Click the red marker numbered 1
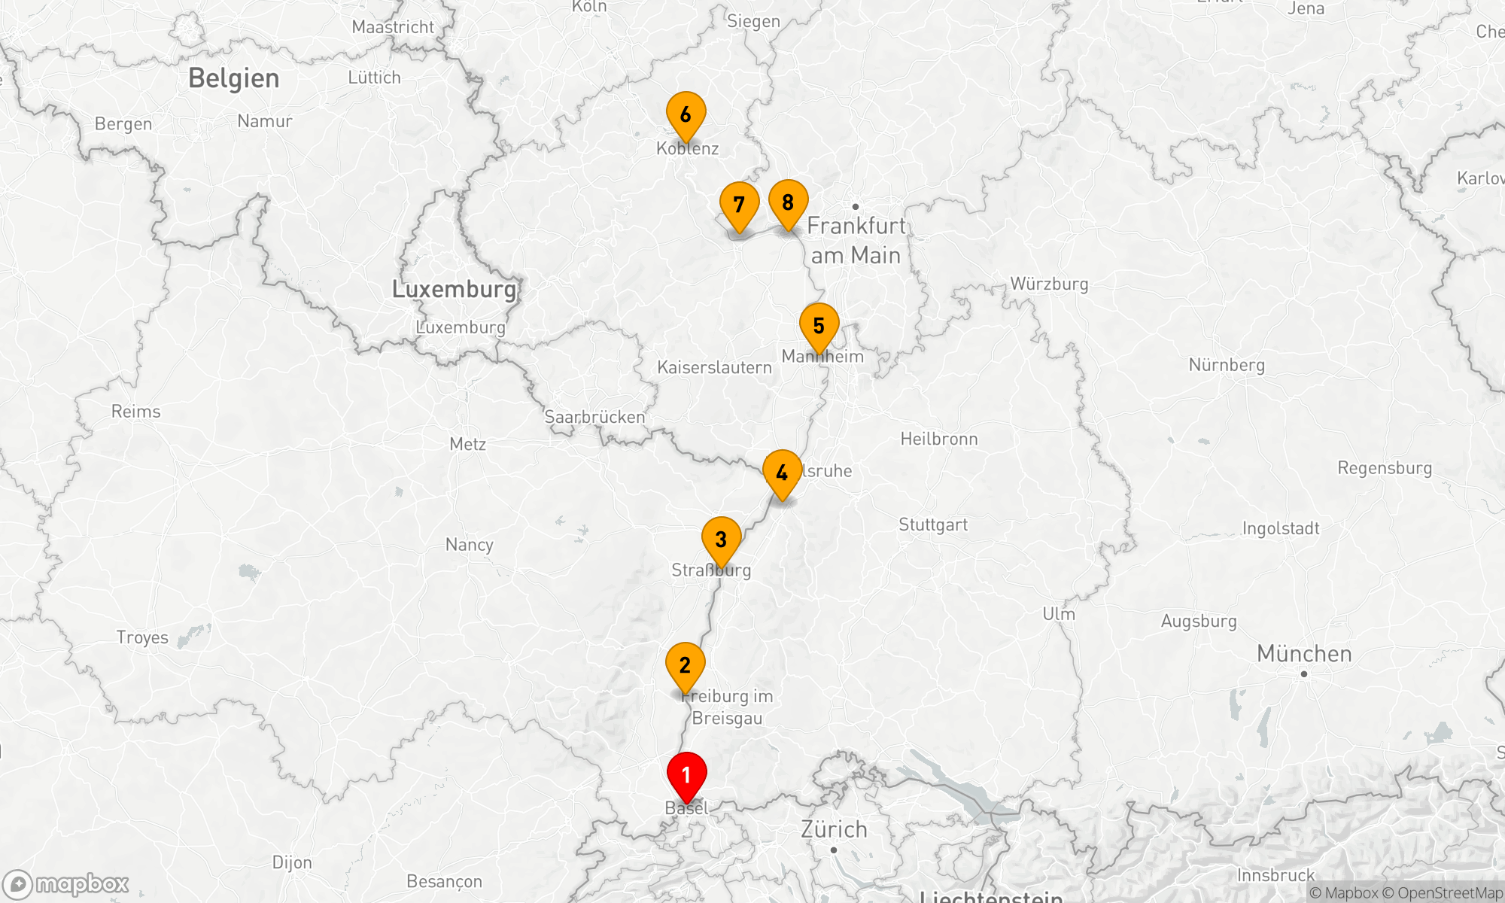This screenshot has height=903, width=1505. click(686, 776)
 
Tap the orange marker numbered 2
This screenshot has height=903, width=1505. click(685, 666)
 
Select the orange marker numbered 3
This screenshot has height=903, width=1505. click(721, 540)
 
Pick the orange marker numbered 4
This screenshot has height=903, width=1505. click(782, 473)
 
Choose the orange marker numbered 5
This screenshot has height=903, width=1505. click(819, 327)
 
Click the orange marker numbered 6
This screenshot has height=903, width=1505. click(686, 115)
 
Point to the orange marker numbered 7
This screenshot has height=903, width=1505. click(739, 205)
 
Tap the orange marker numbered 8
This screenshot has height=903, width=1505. click(788, 203)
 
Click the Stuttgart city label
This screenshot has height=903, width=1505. click(933, 524)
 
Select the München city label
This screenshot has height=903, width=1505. click(1304, 654)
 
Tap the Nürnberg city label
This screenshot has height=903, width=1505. click(1227, 365)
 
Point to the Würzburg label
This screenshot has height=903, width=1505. click(1049, 284)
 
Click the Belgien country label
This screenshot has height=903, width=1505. click(233, 78)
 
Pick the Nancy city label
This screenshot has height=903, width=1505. click(469, 544)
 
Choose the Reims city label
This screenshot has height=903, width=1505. click(135, 412)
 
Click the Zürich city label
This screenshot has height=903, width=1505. click(834, 829)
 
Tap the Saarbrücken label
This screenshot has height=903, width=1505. click(594, 417)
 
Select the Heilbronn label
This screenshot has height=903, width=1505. click(939, 439)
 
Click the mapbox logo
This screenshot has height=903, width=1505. click(66, 883)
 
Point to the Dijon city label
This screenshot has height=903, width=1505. click(292, 862)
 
